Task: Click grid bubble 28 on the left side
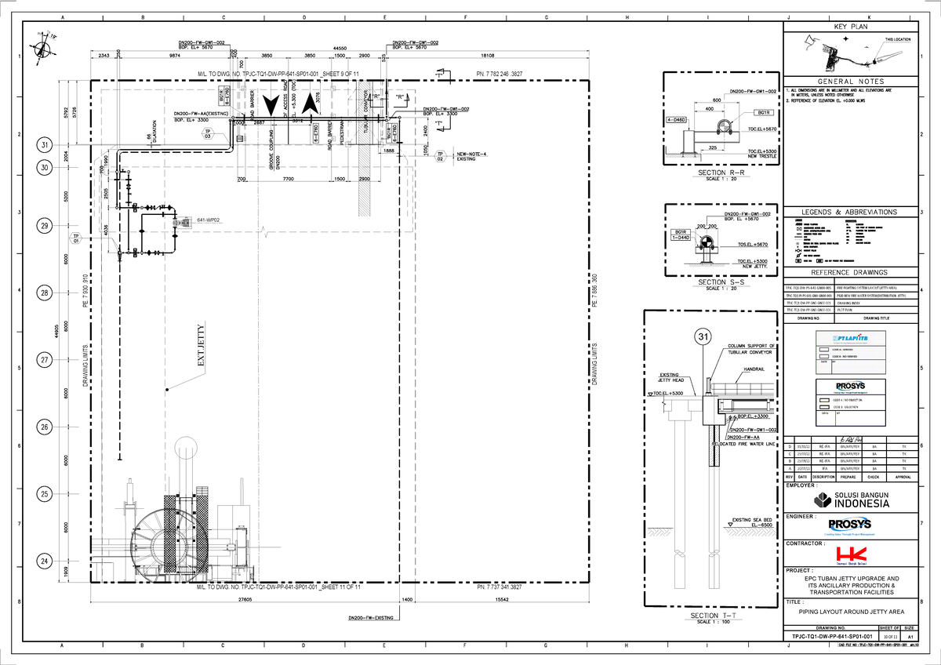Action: point(45,293)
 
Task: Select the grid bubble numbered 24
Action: point(45,561)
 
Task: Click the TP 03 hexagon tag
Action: point(208,133)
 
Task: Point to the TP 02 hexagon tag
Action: point(441,156)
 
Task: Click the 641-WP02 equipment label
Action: point(209,220)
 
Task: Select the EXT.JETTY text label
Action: point(202,350)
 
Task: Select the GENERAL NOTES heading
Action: point(851,82)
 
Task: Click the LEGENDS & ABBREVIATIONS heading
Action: point(851,213)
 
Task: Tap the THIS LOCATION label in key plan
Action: point(897,39)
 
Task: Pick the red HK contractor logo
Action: point(851,554)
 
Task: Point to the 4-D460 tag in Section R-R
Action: point(676,120)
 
